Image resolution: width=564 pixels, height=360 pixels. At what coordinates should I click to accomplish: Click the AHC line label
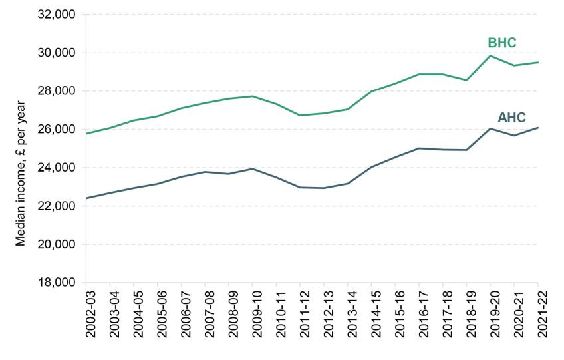coord(511,118)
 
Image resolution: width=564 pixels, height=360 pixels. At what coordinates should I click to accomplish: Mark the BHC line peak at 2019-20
coord(490,55)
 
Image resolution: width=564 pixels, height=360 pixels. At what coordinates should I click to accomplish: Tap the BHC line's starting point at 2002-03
coord(87,134)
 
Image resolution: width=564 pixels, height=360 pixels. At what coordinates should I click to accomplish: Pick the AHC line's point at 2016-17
coord(419,148)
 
